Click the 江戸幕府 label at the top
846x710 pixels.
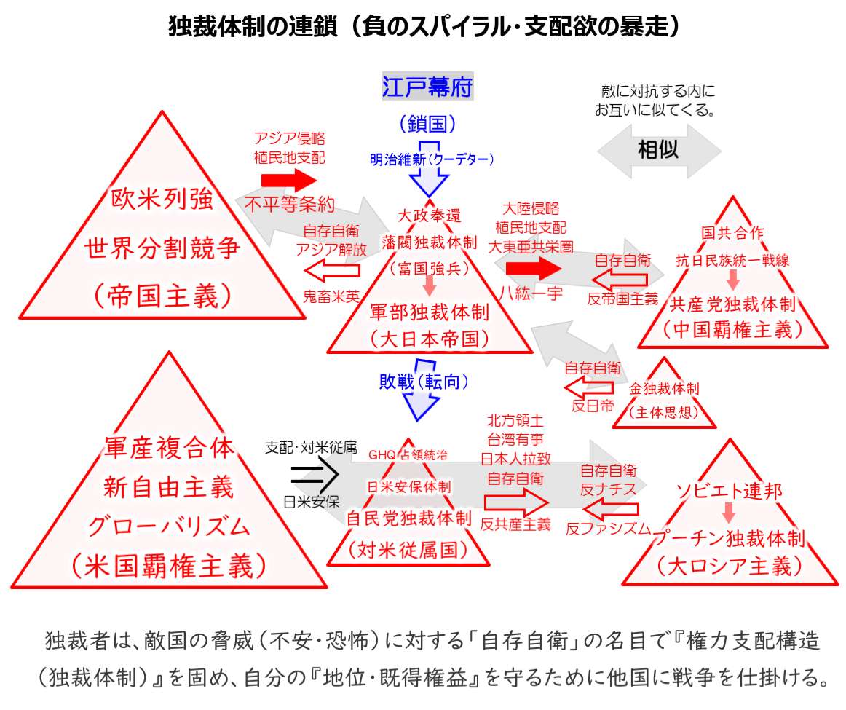[427, 87]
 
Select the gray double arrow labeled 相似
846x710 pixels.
[658, 151]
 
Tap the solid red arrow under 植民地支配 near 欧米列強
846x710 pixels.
[289, 178]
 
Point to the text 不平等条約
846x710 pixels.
[289, 203]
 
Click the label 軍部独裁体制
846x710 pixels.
[429, 312]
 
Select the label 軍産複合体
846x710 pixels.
[169, 447]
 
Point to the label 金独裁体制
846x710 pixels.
[663, 389]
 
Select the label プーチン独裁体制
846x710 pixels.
[729, 539]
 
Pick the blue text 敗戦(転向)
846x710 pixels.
[423, 381]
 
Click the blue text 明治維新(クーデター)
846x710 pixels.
[432, 159]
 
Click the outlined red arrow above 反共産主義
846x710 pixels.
[515, 502]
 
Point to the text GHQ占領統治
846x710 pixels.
[408, 455]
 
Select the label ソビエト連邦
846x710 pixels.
[730, 490]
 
